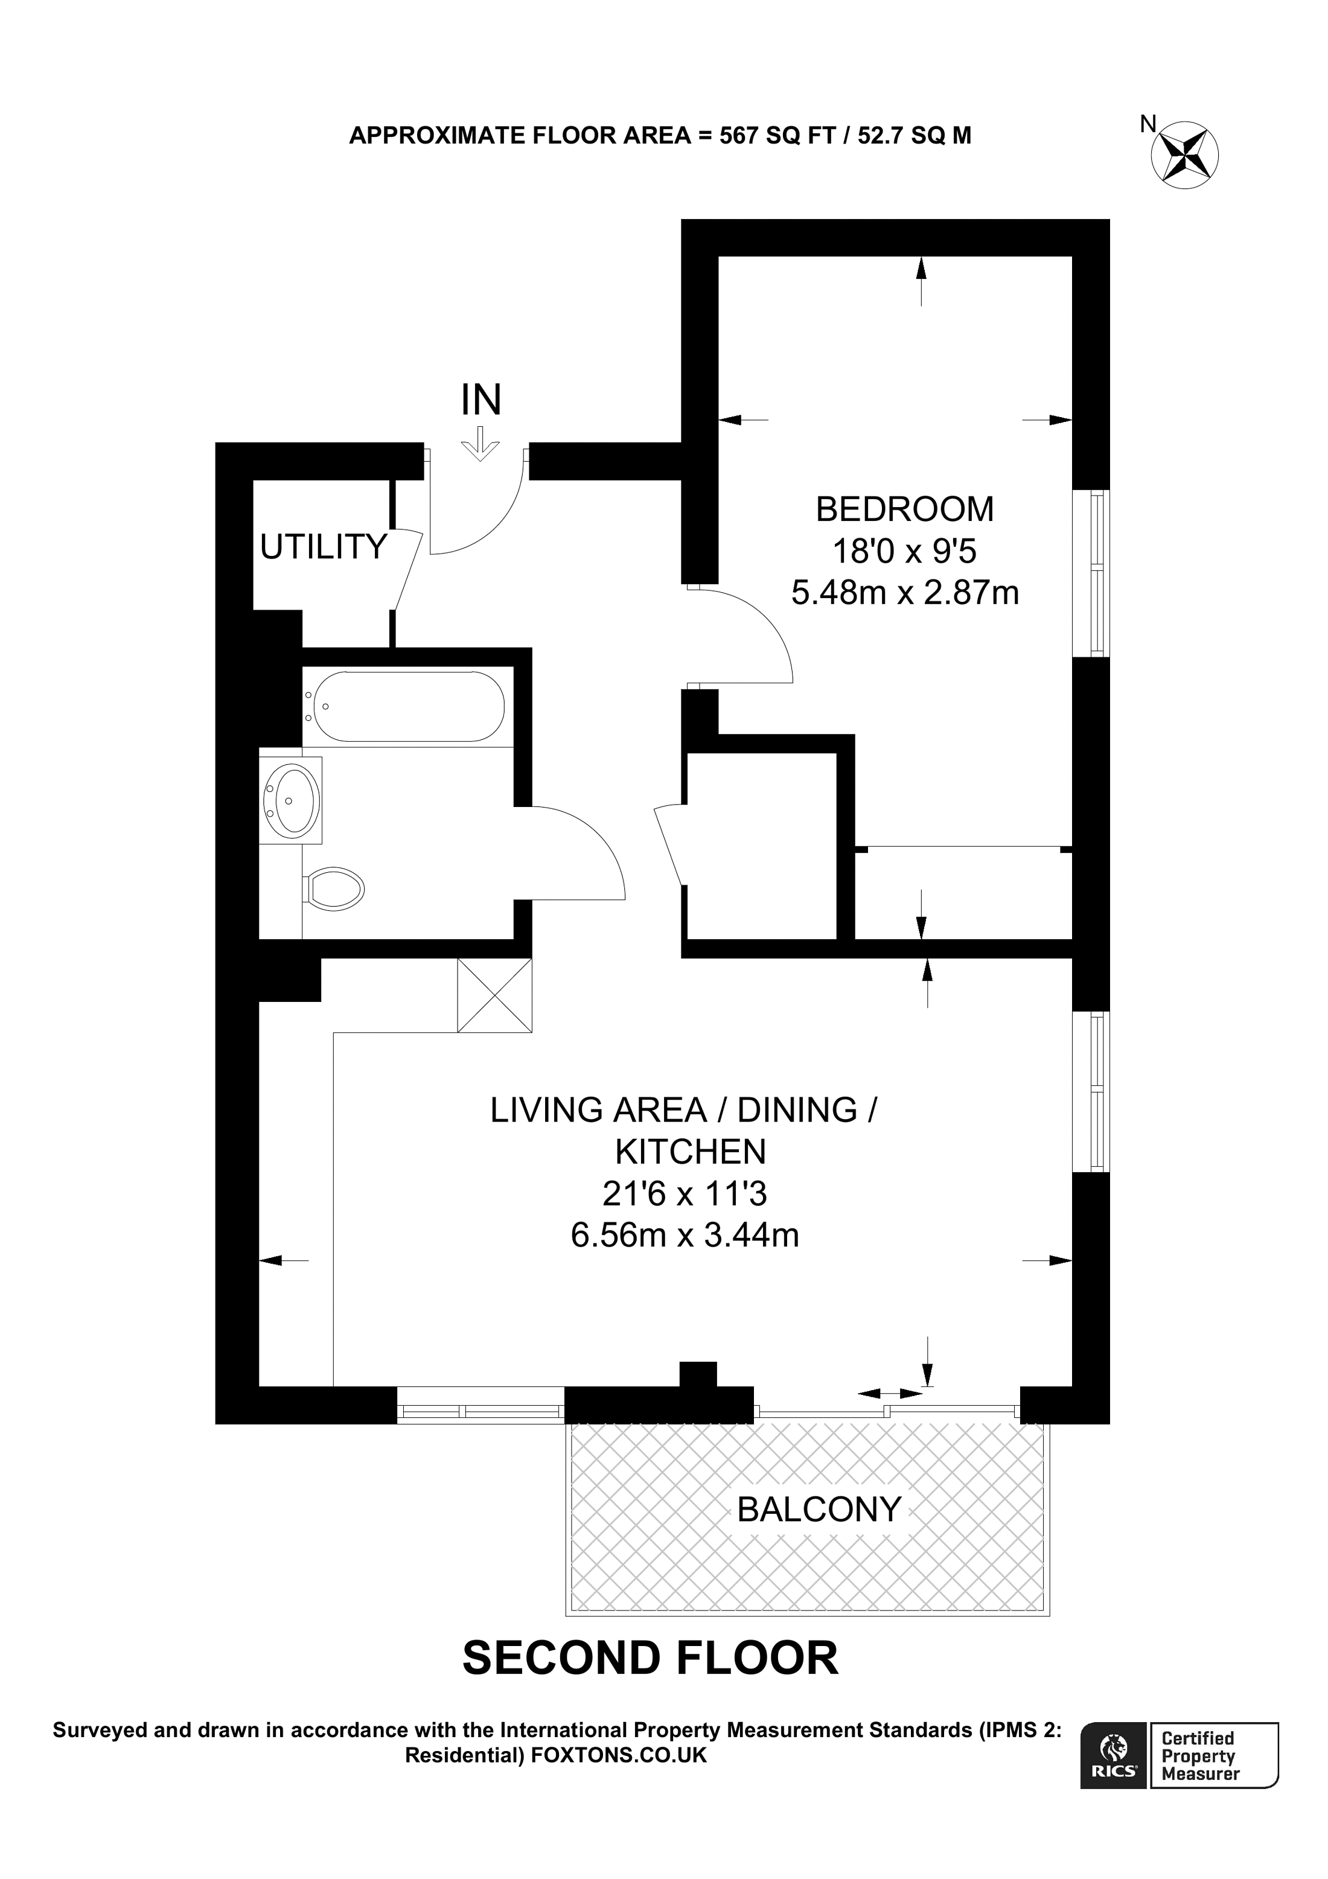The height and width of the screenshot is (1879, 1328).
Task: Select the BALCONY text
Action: (x=819, y=1508)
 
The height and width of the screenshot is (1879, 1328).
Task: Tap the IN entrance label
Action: (x=480, y=400)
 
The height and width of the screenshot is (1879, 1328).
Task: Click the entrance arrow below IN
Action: (x=480, y=444)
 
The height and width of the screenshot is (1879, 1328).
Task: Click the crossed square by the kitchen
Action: (x=494, y=995)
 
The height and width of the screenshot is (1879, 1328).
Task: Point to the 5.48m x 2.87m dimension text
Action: (x=904, y=593)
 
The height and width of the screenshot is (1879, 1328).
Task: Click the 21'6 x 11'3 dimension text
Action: (x=684, y=1195)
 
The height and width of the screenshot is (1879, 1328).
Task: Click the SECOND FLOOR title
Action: (x=651, y=1658)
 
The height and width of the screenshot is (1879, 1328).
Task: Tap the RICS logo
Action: (x=1114, y=1754)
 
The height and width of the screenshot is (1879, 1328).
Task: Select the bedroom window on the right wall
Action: (x=1091, y=573)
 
